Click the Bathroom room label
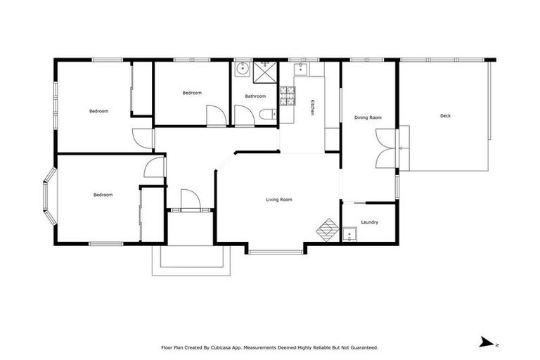255,96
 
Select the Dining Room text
368,117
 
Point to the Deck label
445,115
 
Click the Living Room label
278,200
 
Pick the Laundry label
369,222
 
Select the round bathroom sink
243,69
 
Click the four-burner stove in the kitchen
287,96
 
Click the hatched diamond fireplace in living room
327,229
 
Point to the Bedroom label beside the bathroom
192,93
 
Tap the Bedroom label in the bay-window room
103,195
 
